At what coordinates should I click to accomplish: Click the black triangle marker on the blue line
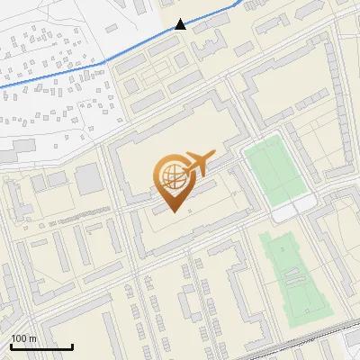pyautogui.click(x=181, y=24)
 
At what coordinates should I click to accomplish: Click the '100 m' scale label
pyautogui.click(x=23, y=338)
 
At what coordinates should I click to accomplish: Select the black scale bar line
pyautogui.click(x=41, y=346)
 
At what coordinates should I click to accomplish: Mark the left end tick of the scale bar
pyautogui.click(x=11, y=345)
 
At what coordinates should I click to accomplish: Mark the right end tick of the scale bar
pyautogui.click(x=72, y=345)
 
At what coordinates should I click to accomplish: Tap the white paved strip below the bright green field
pyautogui.click(x=293, y=211)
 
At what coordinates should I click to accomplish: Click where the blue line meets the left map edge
pyautogui.click(x=1, y=85)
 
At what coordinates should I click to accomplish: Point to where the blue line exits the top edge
pyautogui.click(x=239, y=1)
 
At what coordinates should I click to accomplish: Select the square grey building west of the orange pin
pyautogui.click(x=89, y=179)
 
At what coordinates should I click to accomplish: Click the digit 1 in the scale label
pyautogui.click(x=13, y=338)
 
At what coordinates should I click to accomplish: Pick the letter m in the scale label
pyautogui.click(x=33, y=339)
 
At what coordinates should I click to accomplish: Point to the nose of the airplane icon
pyautogui.click(x=214, y=154)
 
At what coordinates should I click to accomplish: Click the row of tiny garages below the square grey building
pyautogui.click(x=81, y=212)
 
